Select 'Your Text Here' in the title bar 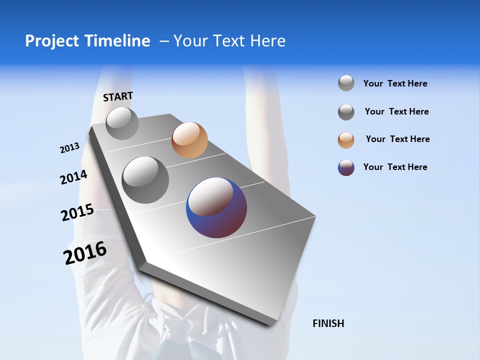[x=229, y=41]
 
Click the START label [x=118, y=96]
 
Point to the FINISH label [x=328, y=323]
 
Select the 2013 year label [x=69, y=148]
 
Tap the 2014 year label [x=73, y=177]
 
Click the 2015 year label [x=77, y=212]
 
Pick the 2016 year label [x=85, y=253]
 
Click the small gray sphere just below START [x=122, y=123]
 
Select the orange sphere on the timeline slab [x=189, y=140]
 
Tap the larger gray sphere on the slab [x=145, y=180]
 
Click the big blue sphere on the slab [x=216, y=207]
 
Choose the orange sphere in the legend [x=346, y=140]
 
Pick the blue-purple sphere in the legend [x=346, y=167]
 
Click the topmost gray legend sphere [x=346, y=83]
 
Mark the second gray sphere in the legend [x=346, y=112]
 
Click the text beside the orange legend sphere [x=397, y=139]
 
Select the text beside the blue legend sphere [x=395, y=167]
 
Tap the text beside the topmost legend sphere [x=395, y=83]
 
